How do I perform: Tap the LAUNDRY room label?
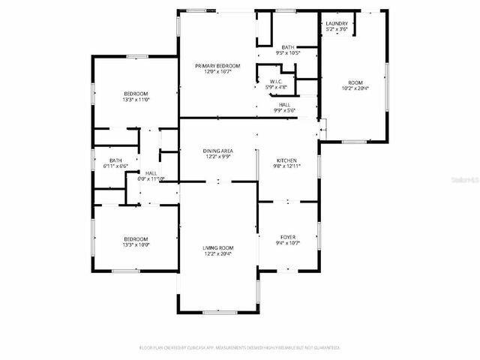click(337, 24)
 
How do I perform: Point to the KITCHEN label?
click(287, 160)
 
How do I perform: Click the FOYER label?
click(288, 237)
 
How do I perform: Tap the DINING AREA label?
click(217, 151)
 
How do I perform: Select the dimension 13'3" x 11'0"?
click(136, 99)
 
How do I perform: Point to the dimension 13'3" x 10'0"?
click(136, 244)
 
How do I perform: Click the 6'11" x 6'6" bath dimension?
click(115, 166)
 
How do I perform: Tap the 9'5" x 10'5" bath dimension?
click(288, 53)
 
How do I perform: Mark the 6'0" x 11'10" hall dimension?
click(151, 178)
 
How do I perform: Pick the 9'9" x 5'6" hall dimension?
click(285, 110)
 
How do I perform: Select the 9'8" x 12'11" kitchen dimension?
click(287, 166)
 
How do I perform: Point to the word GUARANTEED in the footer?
click(324, 348)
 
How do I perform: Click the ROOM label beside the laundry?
click(355, 82)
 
